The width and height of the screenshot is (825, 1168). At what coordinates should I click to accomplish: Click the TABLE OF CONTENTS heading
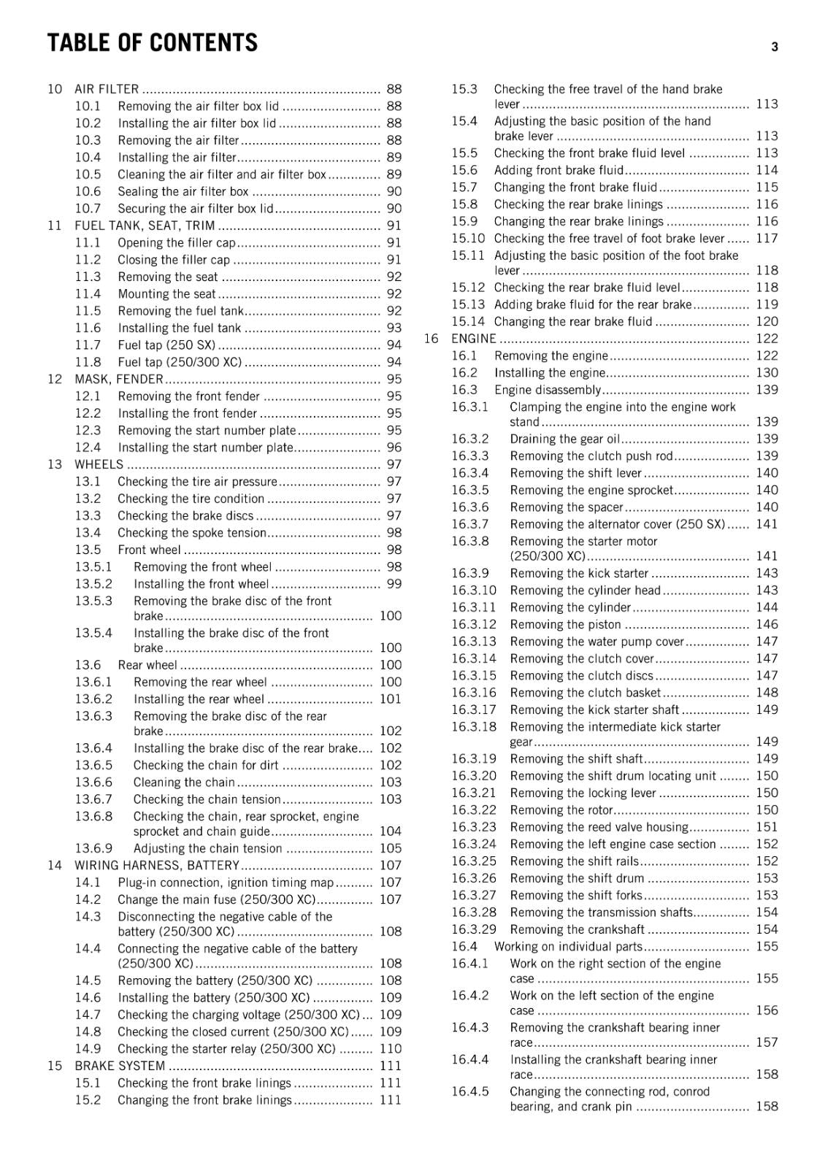[152, 43]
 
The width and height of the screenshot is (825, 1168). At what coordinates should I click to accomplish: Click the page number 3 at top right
[775, 47]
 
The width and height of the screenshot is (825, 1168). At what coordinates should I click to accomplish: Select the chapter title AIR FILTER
[107, 89]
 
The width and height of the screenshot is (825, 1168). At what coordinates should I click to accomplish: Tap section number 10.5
[88, 174]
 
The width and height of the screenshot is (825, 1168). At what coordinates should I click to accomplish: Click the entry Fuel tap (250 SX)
[166, 345]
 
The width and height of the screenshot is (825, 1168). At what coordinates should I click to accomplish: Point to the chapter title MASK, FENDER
[119, 379]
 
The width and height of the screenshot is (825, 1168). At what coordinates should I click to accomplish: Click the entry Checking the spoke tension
[191, 533]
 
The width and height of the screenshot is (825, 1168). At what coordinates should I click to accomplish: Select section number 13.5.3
[93, 602]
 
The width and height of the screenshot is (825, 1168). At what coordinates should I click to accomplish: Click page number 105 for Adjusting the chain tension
[391, 848]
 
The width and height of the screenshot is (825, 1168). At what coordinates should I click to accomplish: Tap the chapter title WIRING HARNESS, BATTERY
[157, 866]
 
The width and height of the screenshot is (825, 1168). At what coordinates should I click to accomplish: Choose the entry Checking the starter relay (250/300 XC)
[226, 1049]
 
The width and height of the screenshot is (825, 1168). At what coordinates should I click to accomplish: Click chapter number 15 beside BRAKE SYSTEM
[55, 1066]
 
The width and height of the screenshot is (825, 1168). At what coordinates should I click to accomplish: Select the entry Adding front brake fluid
[559, 170]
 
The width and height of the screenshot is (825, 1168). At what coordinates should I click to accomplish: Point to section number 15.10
[467, 239]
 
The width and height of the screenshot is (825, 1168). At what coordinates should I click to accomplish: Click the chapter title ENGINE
[474, 339]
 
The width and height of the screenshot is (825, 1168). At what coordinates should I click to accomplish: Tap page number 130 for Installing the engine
[767, 373]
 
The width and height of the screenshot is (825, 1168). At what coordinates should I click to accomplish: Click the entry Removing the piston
[565, 625]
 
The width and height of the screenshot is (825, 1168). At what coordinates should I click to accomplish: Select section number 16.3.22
[473, 810]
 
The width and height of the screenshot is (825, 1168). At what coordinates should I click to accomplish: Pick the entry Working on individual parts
[568, 947]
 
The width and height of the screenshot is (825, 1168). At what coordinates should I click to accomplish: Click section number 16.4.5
[469, 1092]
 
